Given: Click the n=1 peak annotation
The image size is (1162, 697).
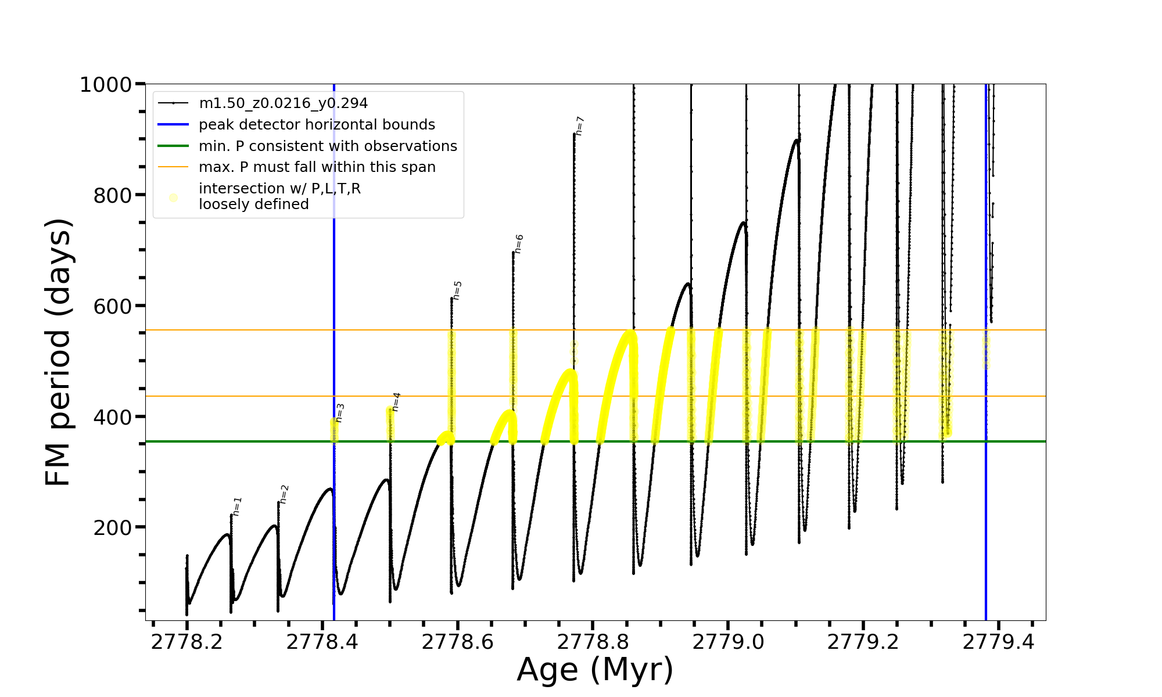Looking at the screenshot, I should (x=237, y=506).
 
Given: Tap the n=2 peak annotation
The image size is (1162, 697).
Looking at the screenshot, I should (x=284, y=494).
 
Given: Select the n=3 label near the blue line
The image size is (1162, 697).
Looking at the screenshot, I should (x=340, y=413).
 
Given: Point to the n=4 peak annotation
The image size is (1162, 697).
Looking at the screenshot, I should (x=396, y=401).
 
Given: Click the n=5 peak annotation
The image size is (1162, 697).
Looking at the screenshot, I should (x=457, y=290).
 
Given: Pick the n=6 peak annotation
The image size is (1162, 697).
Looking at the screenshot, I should (x=519, y=244).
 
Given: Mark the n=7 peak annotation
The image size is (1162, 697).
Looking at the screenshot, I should (x=579, y=126).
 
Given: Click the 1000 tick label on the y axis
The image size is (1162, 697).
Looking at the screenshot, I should (x=106, y=85).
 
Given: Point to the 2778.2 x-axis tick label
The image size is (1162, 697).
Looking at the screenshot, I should (x=187, y=642).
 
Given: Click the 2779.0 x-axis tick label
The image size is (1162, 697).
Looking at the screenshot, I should (x=728, y=642).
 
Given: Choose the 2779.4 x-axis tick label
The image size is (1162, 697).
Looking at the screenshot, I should (x=998, y=642).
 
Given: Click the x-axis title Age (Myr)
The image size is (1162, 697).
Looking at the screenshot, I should (x=595, y=670).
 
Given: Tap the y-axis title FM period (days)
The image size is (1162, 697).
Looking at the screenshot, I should (x=58, y=352).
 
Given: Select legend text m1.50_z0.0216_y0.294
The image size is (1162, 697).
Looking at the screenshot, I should (x=284, y=103).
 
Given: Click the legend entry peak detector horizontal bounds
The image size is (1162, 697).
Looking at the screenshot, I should (x=317, y=125).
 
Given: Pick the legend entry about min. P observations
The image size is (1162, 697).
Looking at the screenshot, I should (x=328, y=146).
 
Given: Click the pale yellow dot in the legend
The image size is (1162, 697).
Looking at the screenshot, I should (x=173, y=197).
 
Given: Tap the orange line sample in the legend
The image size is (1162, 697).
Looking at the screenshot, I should (x=173, y=167).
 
